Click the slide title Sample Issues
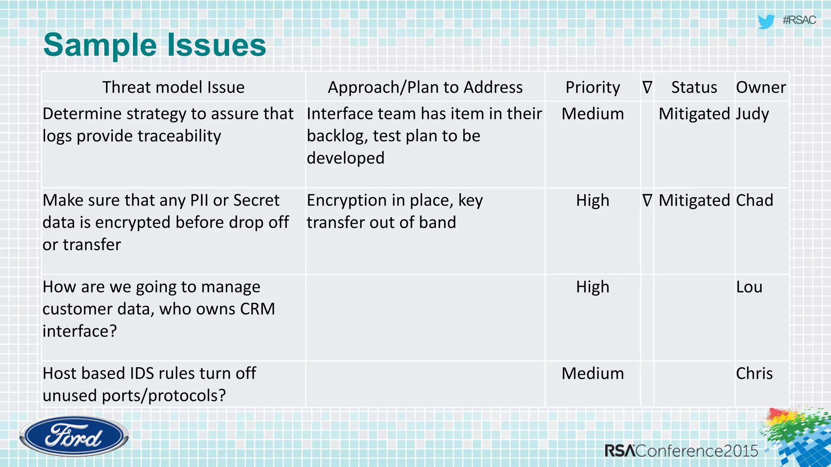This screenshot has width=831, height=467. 154,45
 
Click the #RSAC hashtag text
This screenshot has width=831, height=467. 799,20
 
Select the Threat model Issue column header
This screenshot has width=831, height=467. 173,87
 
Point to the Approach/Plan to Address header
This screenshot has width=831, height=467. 425,87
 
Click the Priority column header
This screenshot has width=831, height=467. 592,87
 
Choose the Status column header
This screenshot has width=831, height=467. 694,87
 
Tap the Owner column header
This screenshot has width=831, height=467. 761,87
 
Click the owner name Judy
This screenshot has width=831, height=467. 752,114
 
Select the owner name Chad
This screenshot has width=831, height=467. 754,200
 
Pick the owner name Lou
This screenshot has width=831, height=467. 749,287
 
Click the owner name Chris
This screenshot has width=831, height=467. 754,373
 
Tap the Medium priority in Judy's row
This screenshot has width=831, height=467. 592,114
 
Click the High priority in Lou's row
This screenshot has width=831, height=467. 592,287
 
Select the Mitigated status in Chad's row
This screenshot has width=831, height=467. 694,200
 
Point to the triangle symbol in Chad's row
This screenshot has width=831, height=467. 647,200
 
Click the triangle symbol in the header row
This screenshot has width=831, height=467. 647,87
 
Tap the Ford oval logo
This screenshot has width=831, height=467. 74,437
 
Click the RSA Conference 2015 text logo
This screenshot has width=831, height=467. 681,451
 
